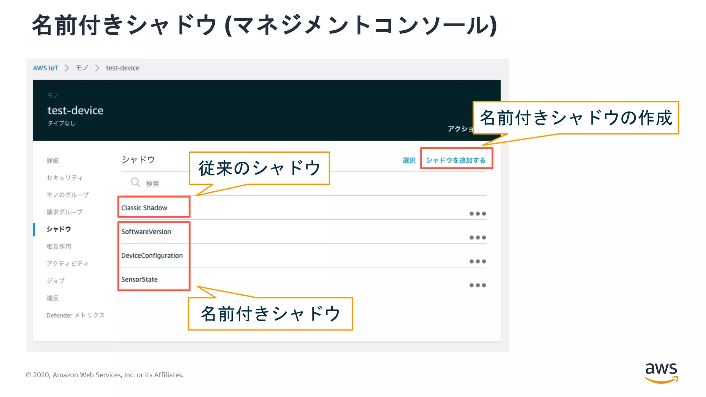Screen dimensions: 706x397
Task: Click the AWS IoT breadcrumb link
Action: [46, 68]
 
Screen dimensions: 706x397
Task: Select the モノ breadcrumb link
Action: [82, 68]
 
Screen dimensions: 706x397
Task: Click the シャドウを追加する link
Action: [455, 160]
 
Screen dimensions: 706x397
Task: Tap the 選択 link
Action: [409, 160]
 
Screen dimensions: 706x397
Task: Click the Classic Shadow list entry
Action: [144, 208]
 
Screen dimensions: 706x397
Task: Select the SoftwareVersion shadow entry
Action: [146, 232]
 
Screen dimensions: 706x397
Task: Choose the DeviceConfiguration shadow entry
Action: [152, 255]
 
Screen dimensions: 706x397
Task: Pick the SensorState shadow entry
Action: [139, 279]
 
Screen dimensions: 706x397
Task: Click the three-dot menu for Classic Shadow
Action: [477, 214]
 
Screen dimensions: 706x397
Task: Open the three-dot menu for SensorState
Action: [477, 285]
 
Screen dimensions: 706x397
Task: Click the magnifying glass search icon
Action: [135, 182]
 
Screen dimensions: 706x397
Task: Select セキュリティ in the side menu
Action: [64, 177]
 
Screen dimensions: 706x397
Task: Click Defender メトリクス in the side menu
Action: [75, 315]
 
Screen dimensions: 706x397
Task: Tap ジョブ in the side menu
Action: [56, 281]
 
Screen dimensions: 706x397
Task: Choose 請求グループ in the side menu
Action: [64, 212]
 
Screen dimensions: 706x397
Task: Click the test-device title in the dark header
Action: [75, 110]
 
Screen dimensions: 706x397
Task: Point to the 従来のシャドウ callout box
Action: [259, 168]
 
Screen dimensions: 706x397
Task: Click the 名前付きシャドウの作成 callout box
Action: [575, 118]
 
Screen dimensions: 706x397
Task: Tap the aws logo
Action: [661, 372]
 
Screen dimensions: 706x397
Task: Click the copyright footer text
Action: [104, 375]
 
